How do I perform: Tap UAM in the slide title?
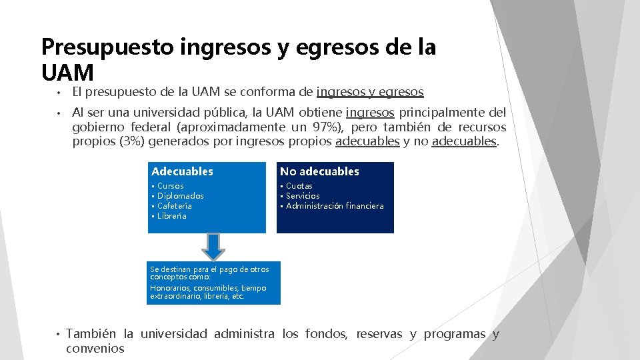click(67, 71)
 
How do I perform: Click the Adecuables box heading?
click(182, 171)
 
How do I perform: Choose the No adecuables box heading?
click(319, 171)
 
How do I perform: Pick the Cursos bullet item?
click(170, 186)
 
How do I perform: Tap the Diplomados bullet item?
click(180, 196)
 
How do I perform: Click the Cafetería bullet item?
click(174, 206)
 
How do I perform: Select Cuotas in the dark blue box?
click(299, 186)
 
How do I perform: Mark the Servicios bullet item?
click(303, 196)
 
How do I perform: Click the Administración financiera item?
click(335, 206)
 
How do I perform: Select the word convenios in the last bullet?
click(95, 349)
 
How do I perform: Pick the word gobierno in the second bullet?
click(97, 127)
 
